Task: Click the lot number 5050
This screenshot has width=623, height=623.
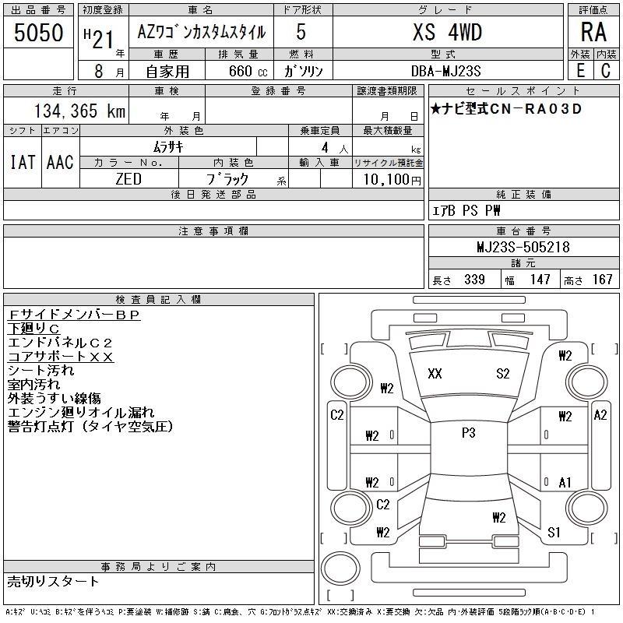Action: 38,33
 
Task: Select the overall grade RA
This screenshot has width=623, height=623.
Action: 593,32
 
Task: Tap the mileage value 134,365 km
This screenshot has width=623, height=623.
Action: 79,111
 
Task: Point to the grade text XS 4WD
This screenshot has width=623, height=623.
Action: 447,32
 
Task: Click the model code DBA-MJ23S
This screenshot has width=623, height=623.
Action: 445,71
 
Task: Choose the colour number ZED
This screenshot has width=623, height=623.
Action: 128,179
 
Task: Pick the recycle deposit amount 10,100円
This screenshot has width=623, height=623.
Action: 392,180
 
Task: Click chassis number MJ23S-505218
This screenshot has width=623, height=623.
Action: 523,247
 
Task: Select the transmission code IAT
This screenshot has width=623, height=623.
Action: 23,162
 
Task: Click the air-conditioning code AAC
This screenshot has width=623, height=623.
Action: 61,162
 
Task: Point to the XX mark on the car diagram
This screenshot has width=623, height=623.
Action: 435,374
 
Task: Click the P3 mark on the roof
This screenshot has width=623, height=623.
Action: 469,433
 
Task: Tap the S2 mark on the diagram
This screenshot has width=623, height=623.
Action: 502,374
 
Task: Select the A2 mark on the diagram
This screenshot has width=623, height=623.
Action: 600,415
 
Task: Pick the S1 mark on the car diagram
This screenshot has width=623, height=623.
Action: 554,532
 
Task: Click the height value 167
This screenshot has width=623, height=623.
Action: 602,280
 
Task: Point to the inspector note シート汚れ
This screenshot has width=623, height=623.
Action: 41,371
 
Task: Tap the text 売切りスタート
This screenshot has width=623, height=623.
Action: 53,582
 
